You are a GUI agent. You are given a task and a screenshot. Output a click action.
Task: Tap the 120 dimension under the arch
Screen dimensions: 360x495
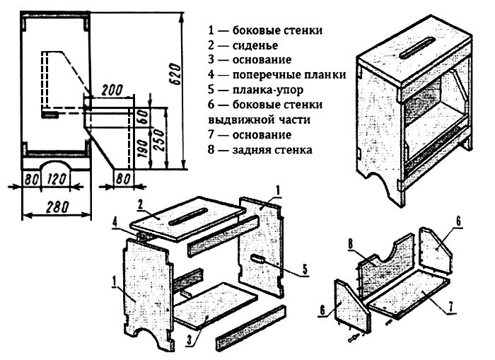[57, 179]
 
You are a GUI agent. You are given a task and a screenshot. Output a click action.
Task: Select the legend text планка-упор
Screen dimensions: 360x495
[266, 90]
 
